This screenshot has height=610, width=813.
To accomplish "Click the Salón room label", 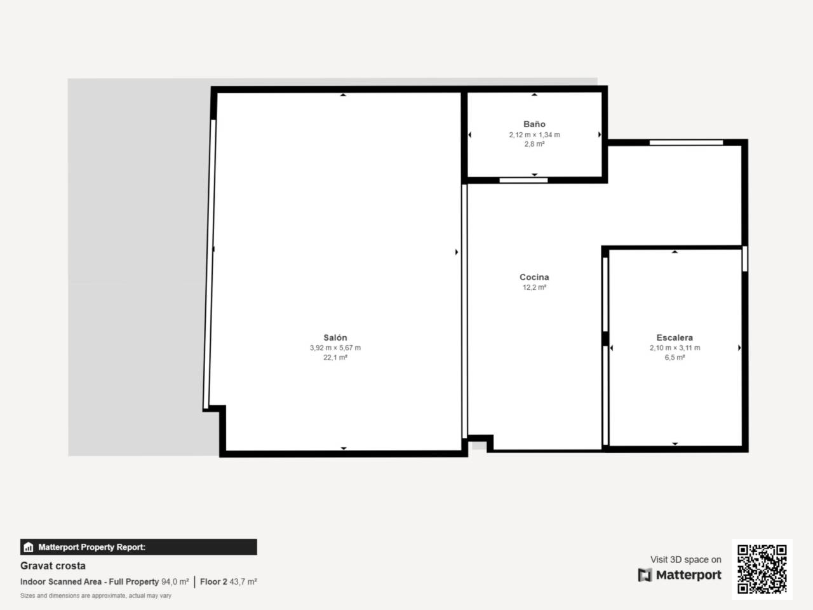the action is (335, 337).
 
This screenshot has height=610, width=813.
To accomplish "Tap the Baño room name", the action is (534, 124).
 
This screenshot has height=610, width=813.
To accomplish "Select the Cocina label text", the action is (534, 277).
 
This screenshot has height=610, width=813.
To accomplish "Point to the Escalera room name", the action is (675, 337).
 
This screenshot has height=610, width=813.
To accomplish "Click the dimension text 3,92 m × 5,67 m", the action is (335, 348).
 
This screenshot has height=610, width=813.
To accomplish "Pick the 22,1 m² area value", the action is (335, 357).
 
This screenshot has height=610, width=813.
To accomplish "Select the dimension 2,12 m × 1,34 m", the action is (534, 135).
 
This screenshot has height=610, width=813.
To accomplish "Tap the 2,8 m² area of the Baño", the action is (534, 144).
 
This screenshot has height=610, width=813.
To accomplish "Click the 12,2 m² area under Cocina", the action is (534, 287).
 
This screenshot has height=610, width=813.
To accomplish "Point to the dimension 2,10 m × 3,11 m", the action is (675, 348).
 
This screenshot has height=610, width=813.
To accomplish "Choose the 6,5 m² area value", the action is (675, 357).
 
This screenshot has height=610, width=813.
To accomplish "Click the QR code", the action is (762, 569).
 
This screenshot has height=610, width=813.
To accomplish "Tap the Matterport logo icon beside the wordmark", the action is (645, 575).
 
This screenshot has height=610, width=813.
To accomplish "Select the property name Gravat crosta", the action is (53, 566).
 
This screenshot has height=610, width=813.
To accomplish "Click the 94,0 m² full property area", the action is (175, 581).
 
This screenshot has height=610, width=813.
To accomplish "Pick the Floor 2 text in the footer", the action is (213, 581).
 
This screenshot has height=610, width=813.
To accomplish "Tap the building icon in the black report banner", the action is (29, 547).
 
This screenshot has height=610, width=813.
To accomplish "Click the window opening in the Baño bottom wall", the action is (523, 180).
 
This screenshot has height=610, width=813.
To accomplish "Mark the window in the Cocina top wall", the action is (686, 142).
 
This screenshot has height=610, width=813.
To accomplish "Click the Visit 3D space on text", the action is (685, 559).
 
